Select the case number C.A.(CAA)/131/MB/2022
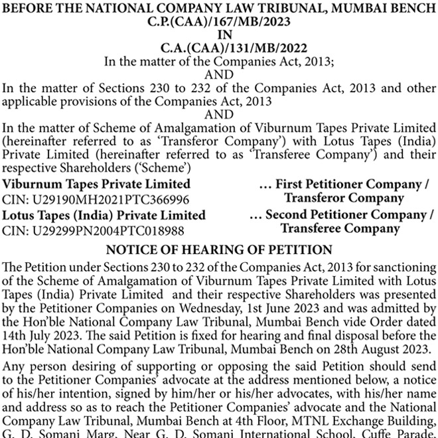coord(219,48)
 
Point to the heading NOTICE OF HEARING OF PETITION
coord(219,250)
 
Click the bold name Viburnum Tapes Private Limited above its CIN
coord(96,184)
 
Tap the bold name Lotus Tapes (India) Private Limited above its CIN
coord(104,216)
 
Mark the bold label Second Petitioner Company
coord(345,216)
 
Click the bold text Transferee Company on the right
coord(340,229)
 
